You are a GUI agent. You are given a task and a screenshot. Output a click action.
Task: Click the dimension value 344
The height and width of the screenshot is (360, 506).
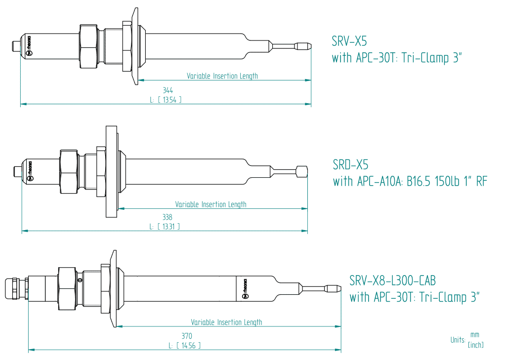point(168,90)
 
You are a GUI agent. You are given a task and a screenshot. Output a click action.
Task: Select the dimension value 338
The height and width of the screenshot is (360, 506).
point(168,217)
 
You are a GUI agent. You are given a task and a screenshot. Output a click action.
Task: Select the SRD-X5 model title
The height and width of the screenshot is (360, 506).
point(350,164)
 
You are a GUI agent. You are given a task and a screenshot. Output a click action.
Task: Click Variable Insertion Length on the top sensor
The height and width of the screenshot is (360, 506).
point(222,76)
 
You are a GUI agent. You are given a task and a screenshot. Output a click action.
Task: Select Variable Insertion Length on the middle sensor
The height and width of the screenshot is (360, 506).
point(211,204)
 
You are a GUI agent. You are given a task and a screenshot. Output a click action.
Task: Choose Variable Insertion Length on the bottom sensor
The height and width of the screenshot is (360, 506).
point(226,322)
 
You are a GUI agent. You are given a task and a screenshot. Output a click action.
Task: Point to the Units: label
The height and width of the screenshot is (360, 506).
point(458,340)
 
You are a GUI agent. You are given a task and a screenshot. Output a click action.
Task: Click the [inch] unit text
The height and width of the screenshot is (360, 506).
point(475,345)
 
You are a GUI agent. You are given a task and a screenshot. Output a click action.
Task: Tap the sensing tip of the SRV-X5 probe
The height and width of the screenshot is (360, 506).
point(304,46)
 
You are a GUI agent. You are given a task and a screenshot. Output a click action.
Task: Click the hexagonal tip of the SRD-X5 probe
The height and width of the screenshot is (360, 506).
point(301,172)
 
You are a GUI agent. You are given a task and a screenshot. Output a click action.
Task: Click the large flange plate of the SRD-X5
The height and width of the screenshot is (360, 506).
point(110,171)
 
